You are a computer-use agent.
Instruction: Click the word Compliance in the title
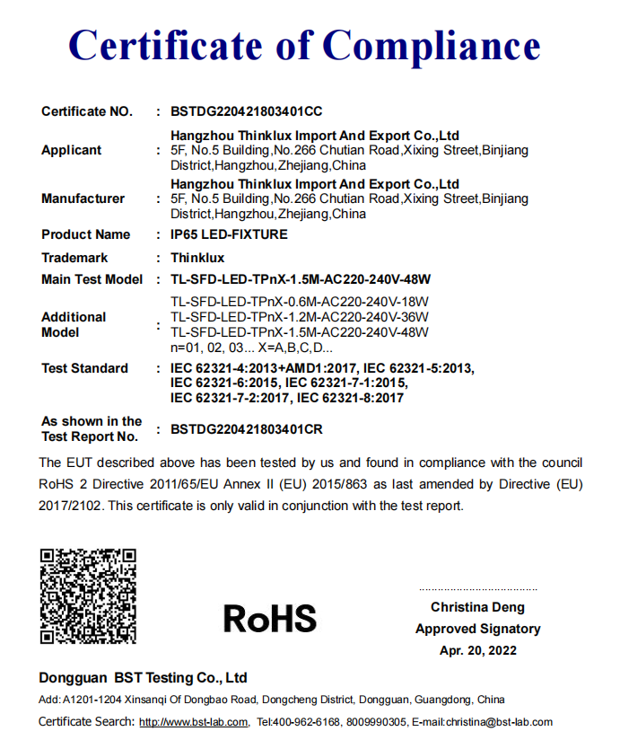432,45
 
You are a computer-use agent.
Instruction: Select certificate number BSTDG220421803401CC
246,112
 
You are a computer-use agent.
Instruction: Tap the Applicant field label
72,150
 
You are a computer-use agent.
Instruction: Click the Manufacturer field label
83,198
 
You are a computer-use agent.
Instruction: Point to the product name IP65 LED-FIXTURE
229,235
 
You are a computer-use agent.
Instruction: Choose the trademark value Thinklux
196,258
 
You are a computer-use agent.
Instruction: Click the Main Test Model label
92,279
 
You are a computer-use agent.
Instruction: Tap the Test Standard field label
85,368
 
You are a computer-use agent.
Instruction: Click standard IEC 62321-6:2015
224,383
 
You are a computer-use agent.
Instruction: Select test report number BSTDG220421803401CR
246,429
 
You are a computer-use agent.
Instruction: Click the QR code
88,595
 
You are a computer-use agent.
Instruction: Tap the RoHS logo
269,618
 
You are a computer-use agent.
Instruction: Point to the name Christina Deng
477,608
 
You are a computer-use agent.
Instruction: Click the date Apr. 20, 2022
477,650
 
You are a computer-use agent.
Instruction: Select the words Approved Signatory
477,629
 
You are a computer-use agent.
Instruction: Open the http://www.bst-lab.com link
193,722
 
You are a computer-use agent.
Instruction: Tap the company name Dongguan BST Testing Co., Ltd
143,677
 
